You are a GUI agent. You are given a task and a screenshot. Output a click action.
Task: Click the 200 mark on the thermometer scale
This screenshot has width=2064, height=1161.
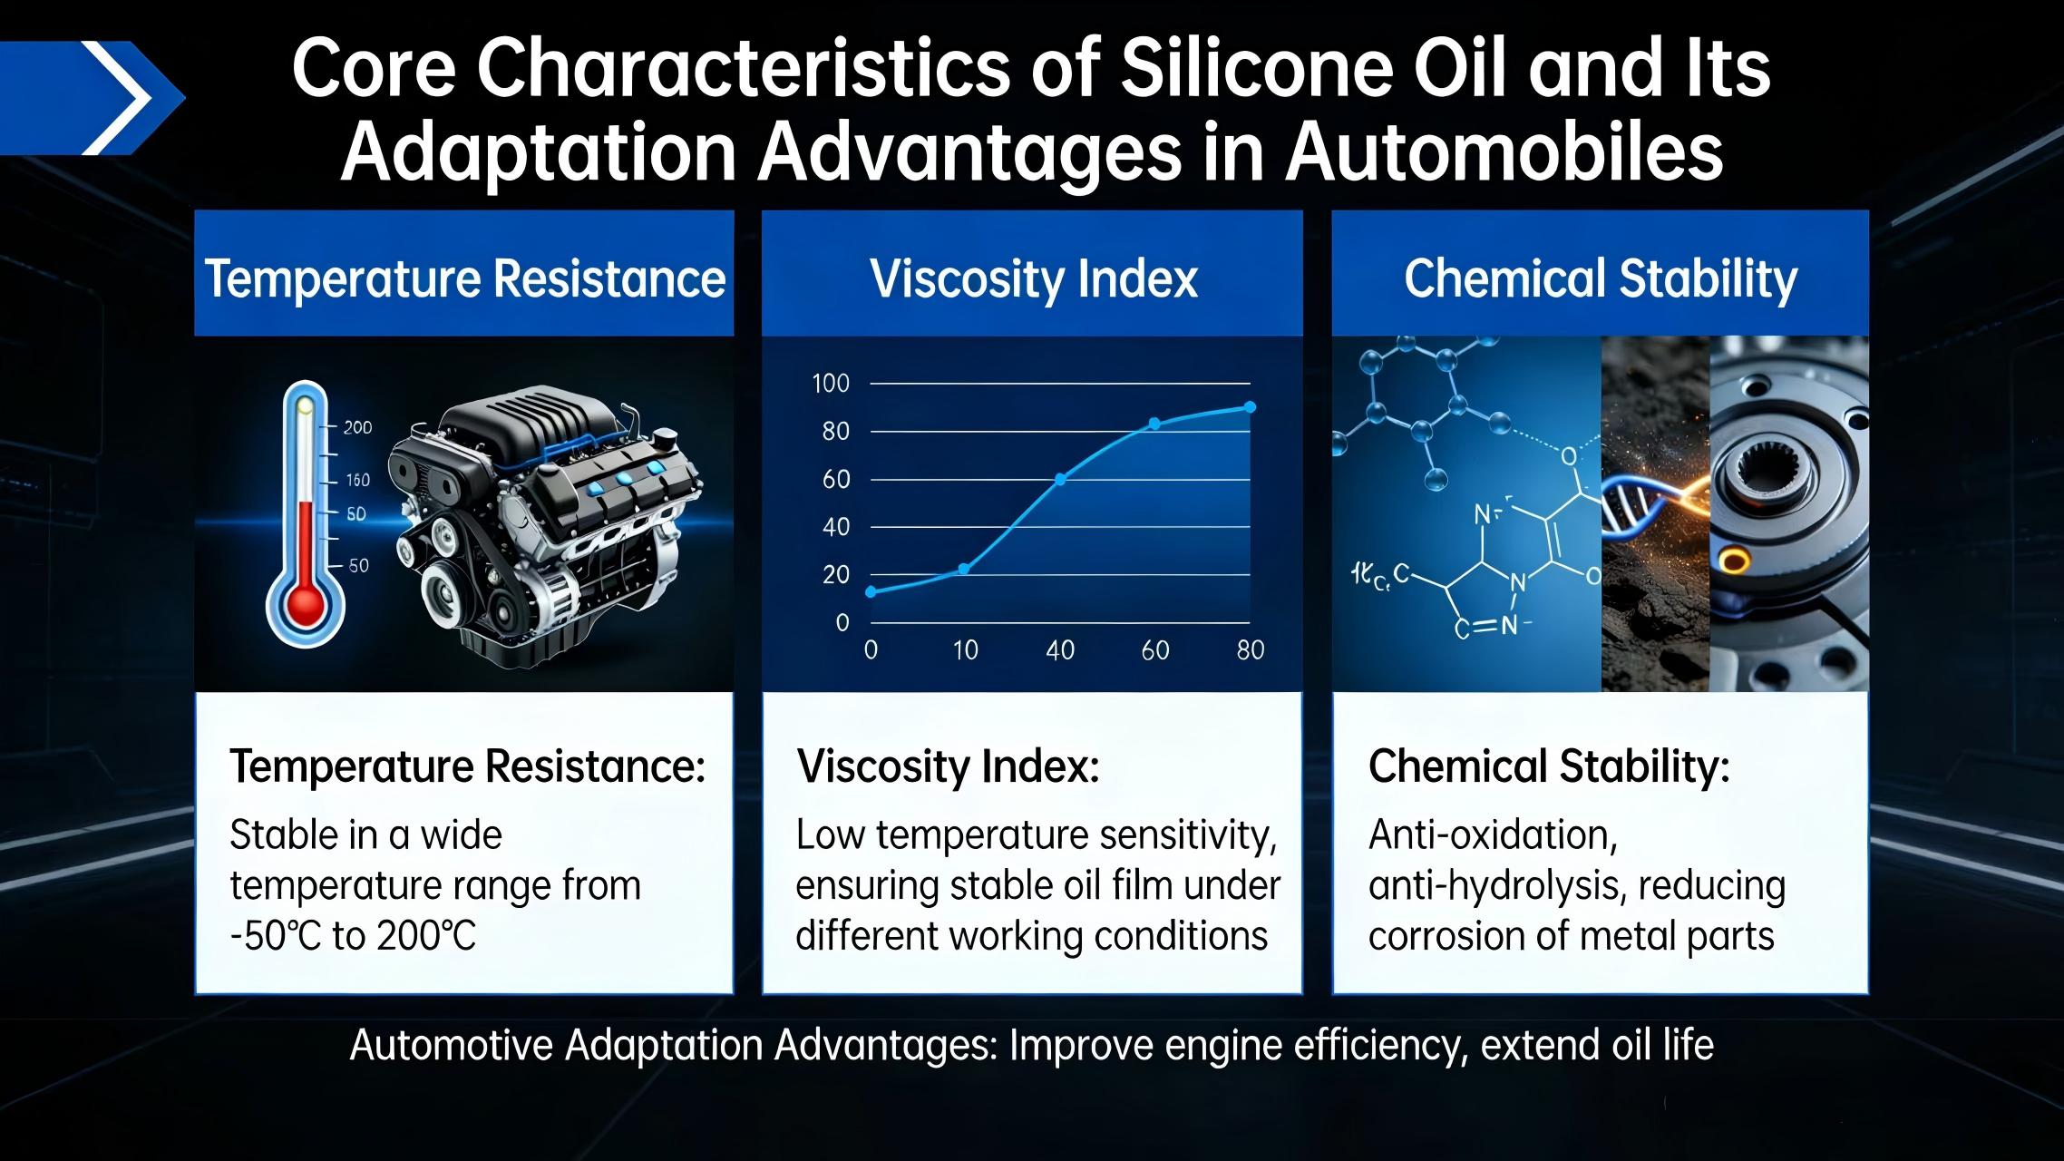point(357,427)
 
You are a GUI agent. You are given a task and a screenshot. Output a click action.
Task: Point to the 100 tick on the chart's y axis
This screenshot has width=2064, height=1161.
point(831,384)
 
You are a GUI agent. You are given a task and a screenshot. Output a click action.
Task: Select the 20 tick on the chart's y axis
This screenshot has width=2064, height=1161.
point(836,575)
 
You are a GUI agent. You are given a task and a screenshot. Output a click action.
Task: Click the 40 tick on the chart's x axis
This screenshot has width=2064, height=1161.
point(1060,650)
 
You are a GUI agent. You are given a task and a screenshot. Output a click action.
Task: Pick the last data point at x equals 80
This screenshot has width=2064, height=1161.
point(1250,407)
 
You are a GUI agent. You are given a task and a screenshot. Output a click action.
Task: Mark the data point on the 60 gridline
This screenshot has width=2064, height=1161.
point(1060,479)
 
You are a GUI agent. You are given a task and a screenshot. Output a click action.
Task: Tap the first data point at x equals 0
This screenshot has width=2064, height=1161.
point(871,592)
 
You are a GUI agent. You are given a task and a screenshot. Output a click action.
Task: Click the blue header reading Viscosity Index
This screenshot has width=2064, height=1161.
point(1032,273)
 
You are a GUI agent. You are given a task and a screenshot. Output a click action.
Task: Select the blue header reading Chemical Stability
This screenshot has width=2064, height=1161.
point(1600,273)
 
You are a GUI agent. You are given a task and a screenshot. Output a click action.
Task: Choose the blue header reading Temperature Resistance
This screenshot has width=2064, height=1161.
point(464,273)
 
